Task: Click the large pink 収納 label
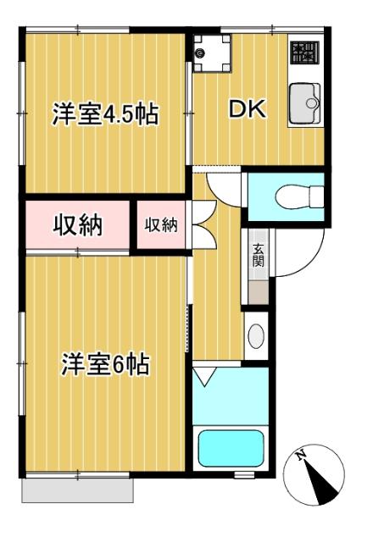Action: coord(78,225)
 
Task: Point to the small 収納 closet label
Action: coord(161,225)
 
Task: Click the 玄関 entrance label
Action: coord(257,255)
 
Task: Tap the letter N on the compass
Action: coord(303,458)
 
